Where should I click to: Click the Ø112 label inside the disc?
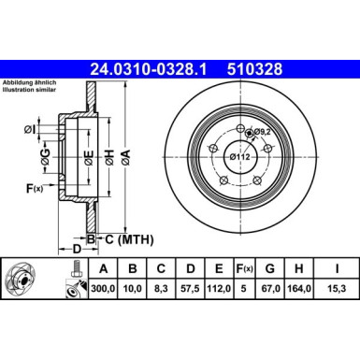pyautogui.click(x=242, y=156)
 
